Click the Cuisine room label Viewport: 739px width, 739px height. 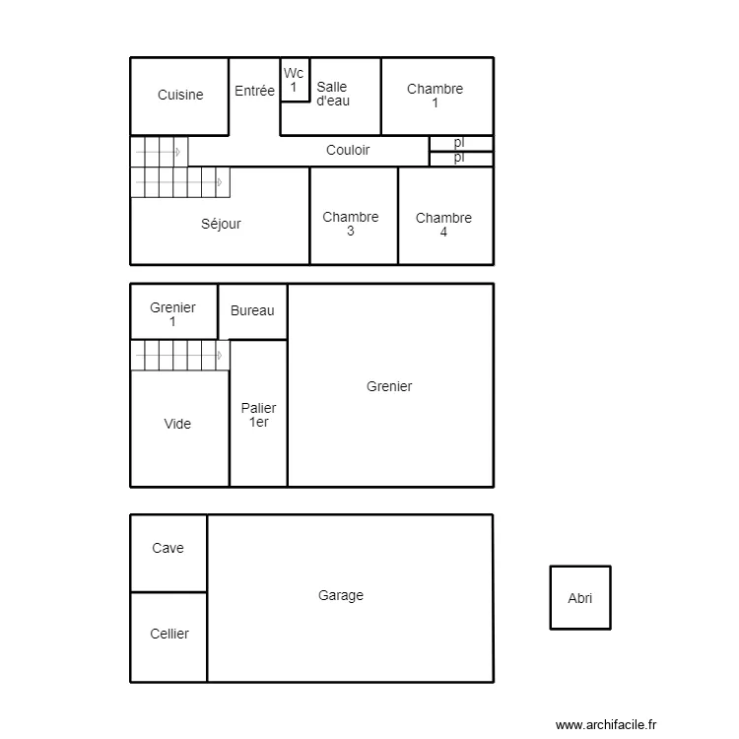point(180,96)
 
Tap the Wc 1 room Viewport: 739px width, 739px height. point(294,81)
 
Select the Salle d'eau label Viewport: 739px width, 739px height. point(332,94)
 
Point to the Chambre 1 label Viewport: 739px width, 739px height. point(435,96)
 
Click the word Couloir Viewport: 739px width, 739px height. point(348,151)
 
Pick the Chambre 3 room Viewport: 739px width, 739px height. point(351,224)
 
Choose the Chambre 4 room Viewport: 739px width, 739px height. point(443,225)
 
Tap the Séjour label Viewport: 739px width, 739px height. point(221,225)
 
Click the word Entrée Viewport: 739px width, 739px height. point(254,92)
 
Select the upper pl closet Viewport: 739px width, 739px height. point(460,143)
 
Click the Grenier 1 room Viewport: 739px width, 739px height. point(172,314)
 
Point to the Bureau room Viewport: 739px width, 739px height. point(252,311)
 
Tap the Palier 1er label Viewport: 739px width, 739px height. point(258,415)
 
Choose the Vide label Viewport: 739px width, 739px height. point(177,425)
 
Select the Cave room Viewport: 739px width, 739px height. point(168,549)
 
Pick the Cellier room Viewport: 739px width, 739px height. point(169,635)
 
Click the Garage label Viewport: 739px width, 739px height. point(341,596)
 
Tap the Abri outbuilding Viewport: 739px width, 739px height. point(580,598)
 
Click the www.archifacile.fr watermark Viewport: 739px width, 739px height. point(605,724)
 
